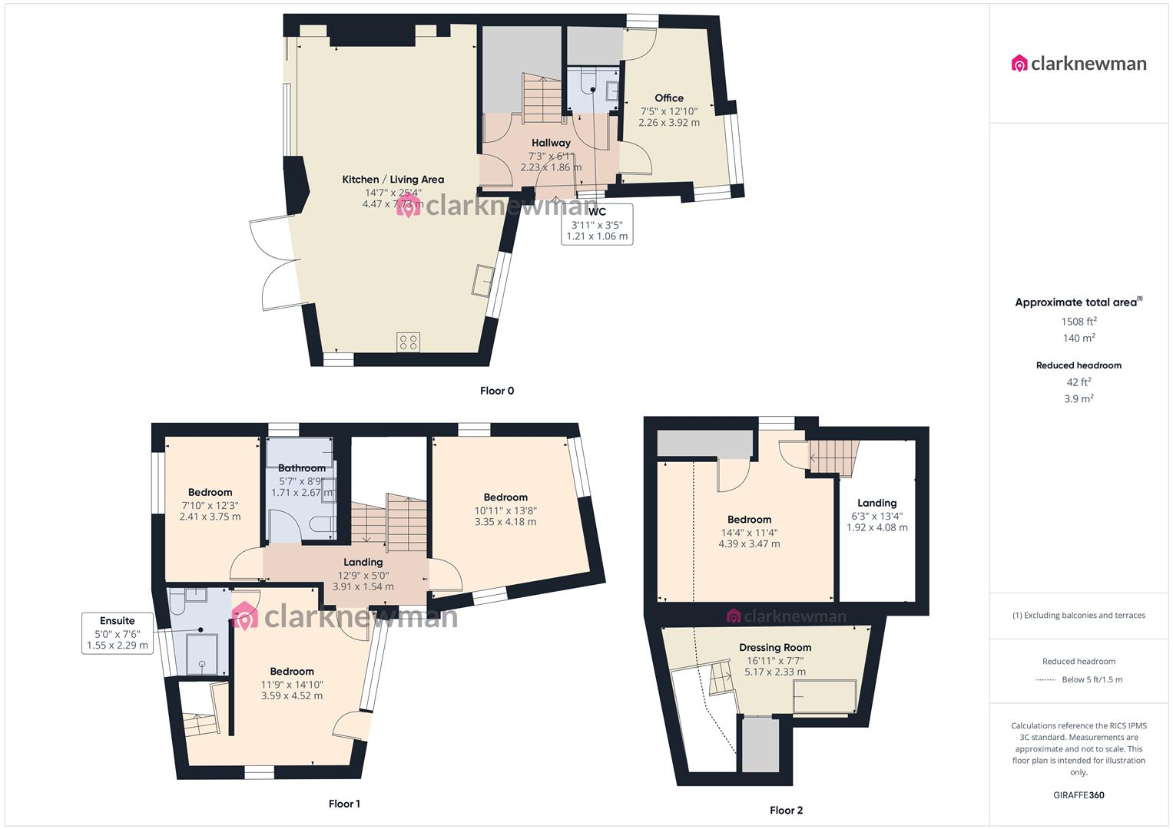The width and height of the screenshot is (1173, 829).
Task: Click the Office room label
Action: click(x=668, y=98)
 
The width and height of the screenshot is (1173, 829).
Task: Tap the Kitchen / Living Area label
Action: click(x=393, y=180)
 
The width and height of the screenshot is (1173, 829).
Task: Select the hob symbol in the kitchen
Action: click(x=408, y=342)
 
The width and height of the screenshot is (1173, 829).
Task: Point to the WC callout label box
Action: click(x=597, y=224)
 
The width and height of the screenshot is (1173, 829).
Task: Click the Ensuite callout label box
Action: click(x=117, y=633)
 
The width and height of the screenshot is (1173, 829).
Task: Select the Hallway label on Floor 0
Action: click(x=551, y=143)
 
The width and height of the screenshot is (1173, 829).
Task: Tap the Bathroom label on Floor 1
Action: click(x=301, y=468)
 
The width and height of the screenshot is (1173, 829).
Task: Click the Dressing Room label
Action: click(x=775, y=648)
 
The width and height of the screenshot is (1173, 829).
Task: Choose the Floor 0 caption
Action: click(x=497, y=391)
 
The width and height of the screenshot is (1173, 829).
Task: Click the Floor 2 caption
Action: click(x=786, y=811)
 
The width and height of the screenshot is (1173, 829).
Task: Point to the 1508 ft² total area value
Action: click(x=1079, y=322)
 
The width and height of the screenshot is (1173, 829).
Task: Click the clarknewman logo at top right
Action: click(x=1079, y=64)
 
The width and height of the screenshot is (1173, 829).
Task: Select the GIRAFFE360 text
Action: click(x=1079, y=795)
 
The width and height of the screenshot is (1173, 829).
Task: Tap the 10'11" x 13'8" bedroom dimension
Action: click(x=505, y=510)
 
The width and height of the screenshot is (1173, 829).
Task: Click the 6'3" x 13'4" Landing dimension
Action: click(x=876, y=516)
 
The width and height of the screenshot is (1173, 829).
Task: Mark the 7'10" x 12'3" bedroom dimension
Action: click(x=210, y=505)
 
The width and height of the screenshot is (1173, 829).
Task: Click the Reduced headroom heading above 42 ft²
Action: click(x=1079, y=365)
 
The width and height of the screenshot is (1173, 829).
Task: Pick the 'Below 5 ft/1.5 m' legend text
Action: click(x=1092, y=679)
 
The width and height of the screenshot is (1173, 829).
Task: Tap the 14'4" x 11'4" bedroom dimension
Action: click(x=749, y=532)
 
